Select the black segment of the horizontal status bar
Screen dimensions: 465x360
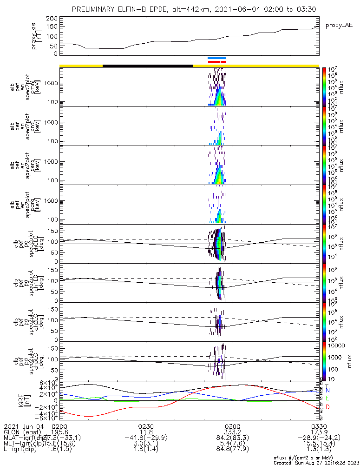coord(147,66)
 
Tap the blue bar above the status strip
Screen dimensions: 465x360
coord(217,58)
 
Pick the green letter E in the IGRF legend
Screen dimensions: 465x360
coord(328,399)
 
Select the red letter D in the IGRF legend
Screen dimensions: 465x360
coord(328,407)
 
